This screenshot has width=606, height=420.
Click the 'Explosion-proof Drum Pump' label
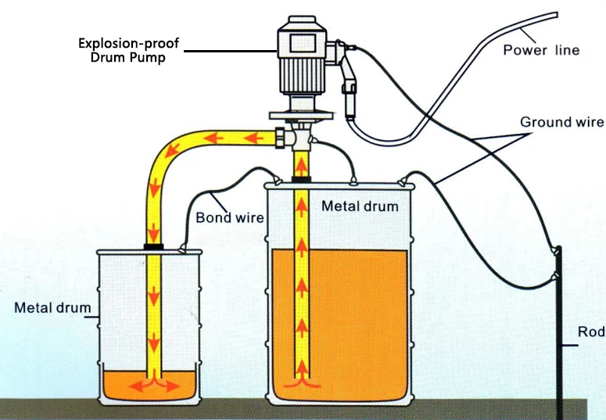[129, 50]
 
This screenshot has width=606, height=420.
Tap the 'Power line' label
[541, 50]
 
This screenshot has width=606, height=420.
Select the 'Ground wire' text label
[561, 122]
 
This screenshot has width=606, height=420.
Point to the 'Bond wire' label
[225, 217]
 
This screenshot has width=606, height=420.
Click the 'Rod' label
[591, 332]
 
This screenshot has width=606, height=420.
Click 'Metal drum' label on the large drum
[360, 206]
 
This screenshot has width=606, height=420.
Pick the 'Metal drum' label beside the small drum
[52, 307]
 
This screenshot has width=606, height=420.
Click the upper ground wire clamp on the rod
[558, 249]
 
